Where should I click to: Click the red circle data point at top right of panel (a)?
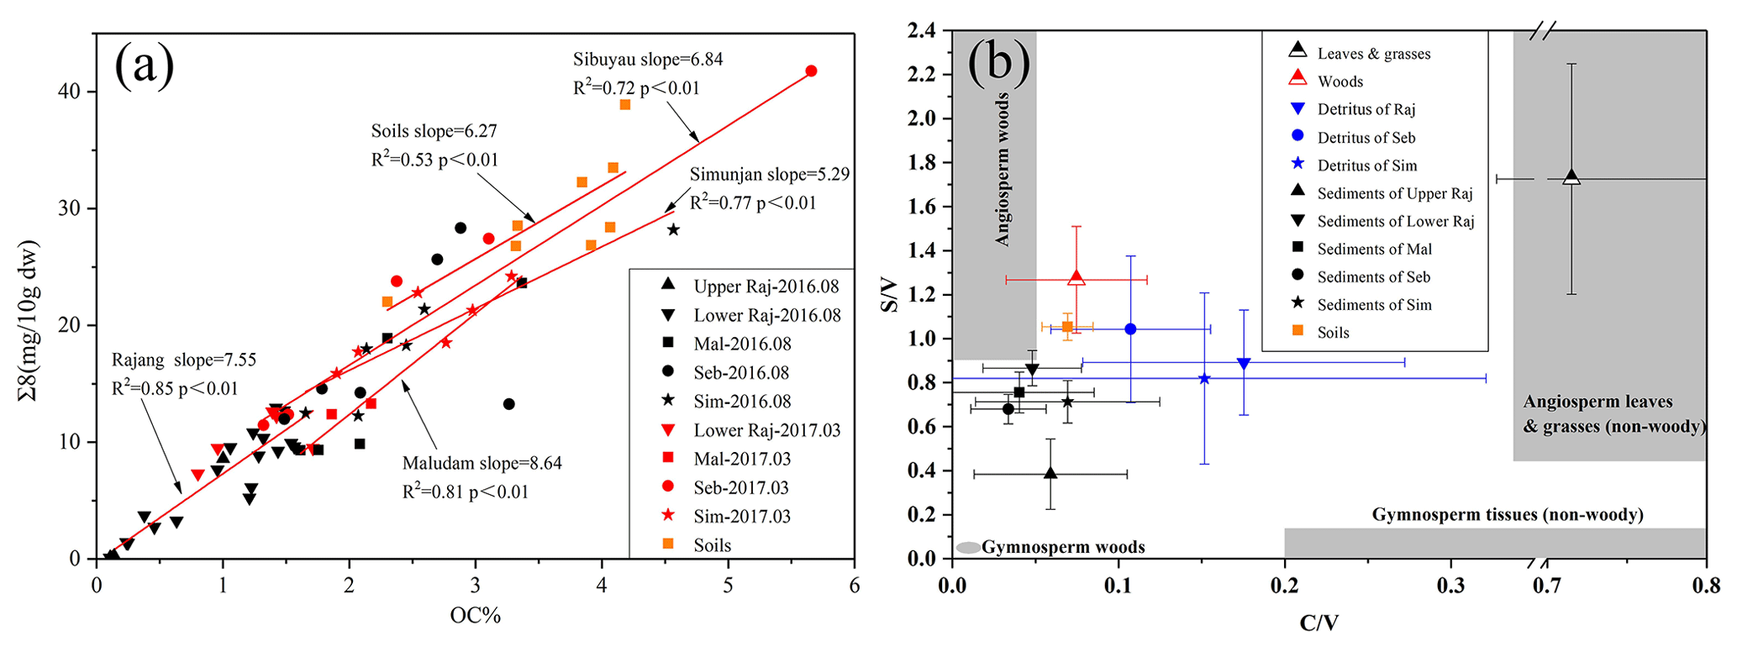click(811, 71)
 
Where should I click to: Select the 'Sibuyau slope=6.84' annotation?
click(648, 60)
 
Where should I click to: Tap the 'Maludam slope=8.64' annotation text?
click(482, 463)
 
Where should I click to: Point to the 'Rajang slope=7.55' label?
click(184, 360)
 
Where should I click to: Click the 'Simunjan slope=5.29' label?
click(770, 175)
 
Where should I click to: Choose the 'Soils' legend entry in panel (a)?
click(712, 545)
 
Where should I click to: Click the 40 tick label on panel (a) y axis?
click(74, 92)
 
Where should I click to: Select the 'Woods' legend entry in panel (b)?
click(1340, 81)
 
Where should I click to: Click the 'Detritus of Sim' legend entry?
click(1366, 166)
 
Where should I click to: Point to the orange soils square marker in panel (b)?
click(1067, 326)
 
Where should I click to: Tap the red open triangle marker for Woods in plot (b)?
click(1076, 278)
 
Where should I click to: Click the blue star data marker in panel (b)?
click(1204, 379)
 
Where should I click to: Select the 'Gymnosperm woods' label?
click(1062, 548)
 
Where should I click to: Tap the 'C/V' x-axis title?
click(1319, 623)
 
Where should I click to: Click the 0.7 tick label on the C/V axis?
click(1546, 586)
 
